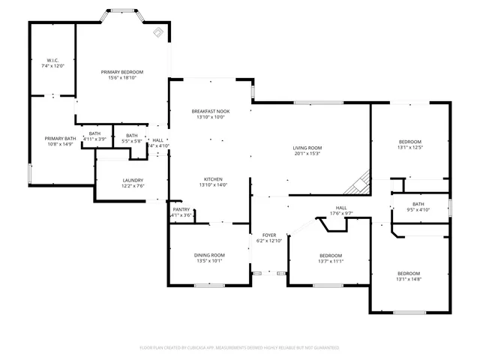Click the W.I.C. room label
pyautogui.click(x=52, y=60)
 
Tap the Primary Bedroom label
pyautogui.click(x=122, y=72)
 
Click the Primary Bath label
pyautogui.click(x=60, y=139)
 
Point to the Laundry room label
pyautogui.click(x=133, y=180)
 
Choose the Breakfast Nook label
pyautogui.click(x=211, y=111)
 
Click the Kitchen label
pyautogui.click(x=213, y=179)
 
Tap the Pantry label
pyautogui.click(x=181, y=210)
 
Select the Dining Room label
pyautogui.click(x=209, y=256)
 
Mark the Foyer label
pyautogui.click(x=268, y=235)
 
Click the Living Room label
pyautogui.click(x=307, y=148)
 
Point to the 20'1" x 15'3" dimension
pyautogui.click(x=307, y=153)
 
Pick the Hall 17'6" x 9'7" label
pyautogui.click(x=341, y=208)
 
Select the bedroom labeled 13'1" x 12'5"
pyautogui.click(x=409, y=142)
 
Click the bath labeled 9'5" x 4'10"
pyautogui.click(x=418, y=205)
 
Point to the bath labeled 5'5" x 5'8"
pyautogui.click(x=131, y=136)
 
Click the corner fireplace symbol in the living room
pyautogui.click(x=363, y=181)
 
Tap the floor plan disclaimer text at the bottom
pyautogui.click(x=240, y=347)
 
